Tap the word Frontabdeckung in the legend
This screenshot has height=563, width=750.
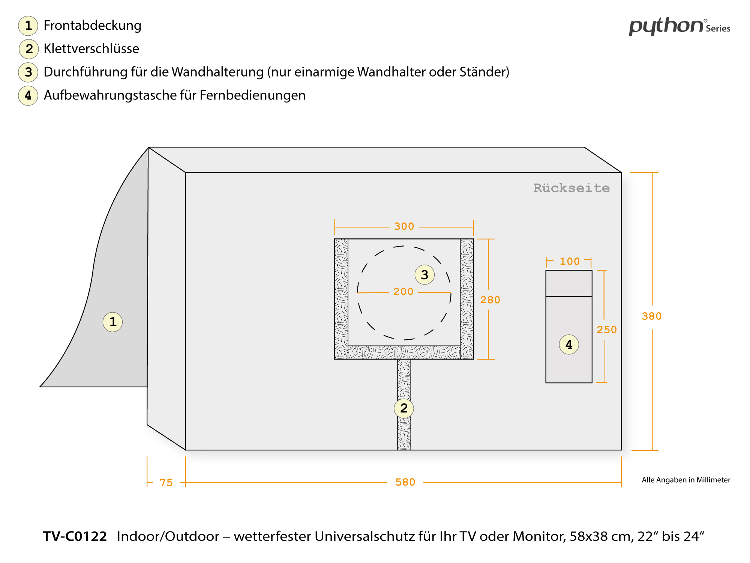92,26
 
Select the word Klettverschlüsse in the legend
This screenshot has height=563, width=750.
91,49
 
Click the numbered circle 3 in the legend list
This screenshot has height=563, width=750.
28,72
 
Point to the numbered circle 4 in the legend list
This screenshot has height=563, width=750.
28,95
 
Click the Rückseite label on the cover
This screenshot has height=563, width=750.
571,188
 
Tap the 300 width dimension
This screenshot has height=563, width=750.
404,226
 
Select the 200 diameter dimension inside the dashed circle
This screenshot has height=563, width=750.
403,292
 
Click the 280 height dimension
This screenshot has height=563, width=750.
490,300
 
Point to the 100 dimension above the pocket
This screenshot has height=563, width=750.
570,261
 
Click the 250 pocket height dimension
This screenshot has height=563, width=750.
606,330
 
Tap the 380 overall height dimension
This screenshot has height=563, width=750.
651,316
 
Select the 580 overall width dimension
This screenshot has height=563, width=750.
405,482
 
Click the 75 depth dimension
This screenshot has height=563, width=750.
166,482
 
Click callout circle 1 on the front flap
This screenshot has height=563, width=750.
112,322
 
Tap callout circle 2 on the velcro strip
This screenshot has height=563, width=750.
404,408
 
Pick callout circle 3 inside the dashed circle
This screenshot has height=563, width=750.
424,275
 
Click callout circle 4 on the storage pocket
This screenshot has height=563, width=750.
569,345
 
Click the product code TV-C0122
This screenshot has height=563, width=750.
75,536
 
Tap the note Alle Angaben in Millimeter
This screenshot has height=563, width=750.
686,480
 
